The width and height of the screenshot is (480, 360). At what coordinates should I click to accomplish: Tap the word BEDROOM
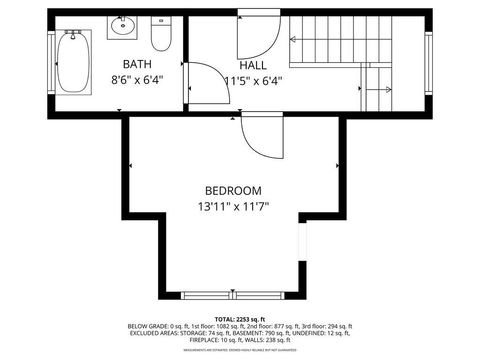pyautogui.click(x=233, y=191)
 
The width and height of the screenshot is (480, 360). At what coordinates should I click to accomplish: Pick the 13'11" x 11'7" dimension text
pyautogui.click(x=233, y=207)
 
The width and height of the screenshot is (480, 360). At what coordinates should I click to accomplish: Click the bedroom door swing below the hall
pyautogui.click(x=259, y=135)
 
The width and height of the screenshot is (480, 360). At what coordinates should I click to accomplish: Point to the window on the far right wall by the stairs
pyautogui.click(x=427, y=62)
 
